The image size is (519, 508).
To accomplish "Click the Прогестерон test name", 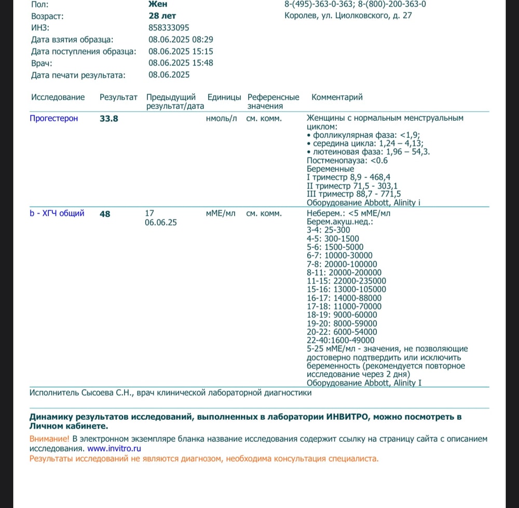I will coord(54,118).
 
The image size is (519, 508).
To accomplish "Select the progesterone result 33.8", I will coord(109,119).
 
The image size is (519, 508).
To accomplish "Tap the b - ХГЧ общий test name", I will coord(57,213).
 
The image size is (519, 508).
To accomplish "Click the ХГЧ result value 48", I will coord(105,214).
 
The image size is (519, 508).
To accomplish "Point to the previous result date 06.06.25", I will coord(161,222).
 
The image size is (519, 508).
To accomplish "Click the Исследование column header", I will coord(58,97).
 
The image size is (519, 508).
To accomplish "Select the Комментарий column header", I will coord(337,97).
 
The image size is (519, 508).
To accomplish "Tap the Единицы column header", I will coord(224,97).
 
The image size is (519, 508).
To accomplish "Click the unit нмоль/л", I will coord(222,118).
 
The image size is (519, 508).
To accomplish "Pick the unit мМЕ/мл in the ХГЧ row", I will coord(221,213).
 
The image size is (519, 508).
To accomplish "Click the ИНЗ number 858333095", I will coord(169,27).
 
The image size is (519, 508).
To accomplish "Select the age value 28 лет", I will coord(162,16).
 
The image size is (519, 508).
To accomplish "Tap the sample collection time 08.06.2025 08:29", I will coord(181,39).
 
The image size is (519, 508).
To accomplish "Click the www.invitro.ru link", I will coord(114,449).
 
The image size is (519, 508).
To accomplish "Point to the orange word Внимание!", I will coord(50,439).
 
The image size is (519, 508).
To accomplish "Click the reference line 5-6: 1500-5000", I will coord(335,247).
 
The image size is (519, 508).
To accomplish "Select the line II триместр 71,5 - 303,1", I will coord(353,186).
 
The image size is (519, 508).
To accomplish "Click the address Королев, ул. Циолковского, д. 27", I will coord(348,16).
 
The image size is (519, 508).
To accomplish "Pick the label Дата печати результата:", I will coord(78,75).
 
